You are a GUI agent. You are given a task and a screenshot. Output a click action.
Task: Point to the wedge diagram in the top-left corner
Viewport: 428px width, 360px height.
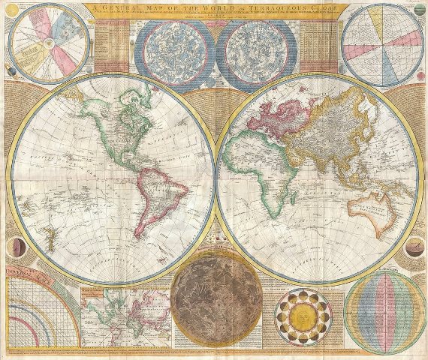click(x=41, y=42)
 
